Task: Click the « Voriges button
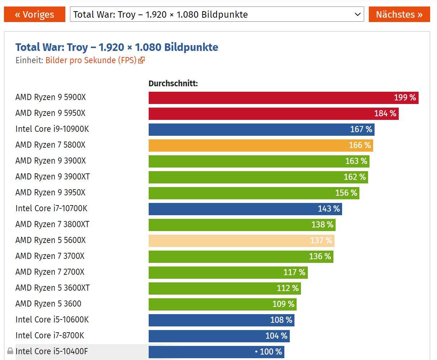(x=35, y=14)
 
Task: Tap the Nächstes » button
(x=399, y=14)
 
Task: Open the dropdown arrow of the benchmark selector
(x=357, y=14)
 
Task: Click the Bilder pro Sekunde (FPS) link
(x=91, y=60)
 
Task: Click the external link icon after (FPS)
(x=141, y=60)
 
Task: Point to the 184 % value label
(x=385, y=113)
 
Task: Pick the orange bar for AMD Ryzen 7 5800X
(x=260, y=145)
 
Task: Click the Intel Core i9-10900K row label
(x=52, y=129)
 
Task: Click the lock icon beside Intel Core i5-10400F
(x=10, y=351)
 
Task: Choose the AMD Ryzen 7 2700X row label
(x=50, y=272)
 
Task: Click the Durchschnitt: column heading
(x=173, y=84)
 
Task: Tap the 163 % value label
(x=356, y=161)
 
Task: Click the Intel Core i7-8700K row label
(x=50, y=335)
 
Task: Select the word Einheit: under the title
(x=29, y=60)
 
